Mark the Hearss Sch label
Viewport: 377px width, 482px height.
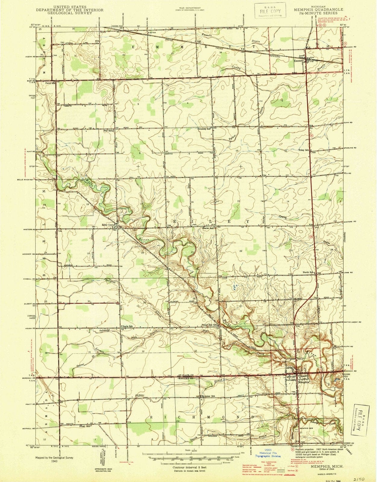tap(208, 228)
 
